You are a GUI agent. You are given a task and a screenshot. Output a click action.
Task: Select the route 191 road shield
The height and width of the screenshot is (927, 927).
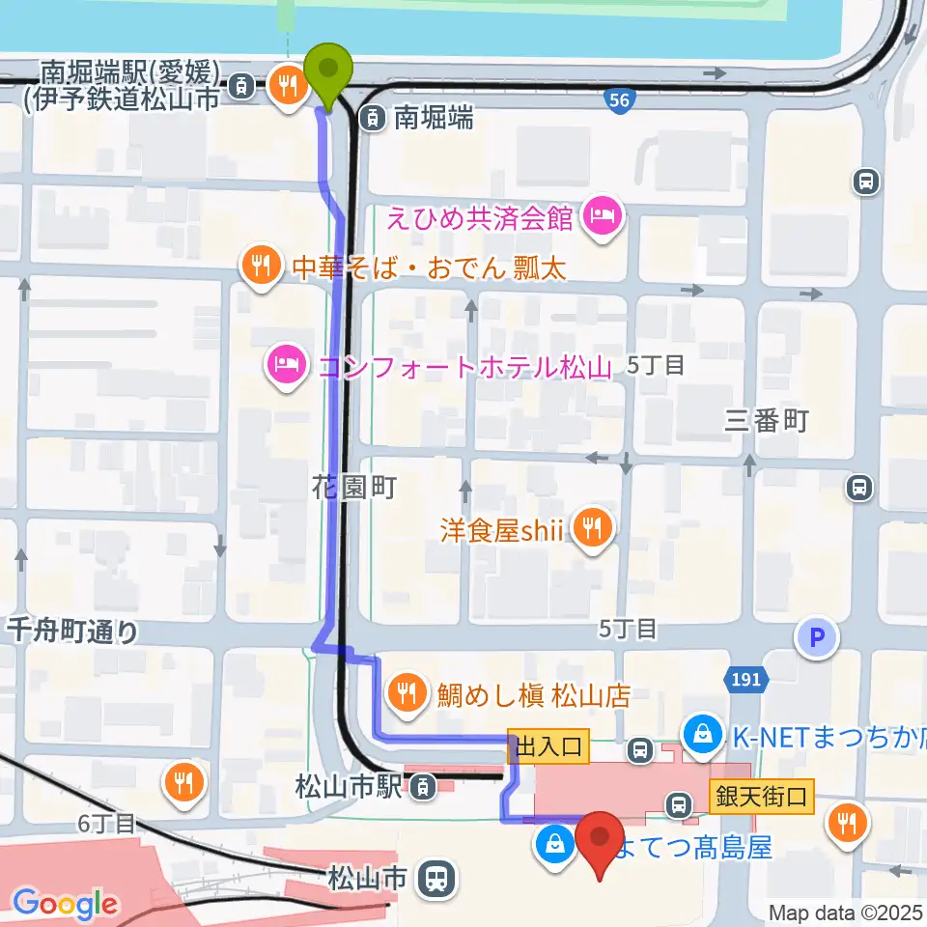tap(745, 680)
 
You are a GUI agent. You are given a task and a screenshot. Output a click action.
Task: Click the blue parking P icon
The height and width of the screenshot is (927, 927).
tap(817, 637)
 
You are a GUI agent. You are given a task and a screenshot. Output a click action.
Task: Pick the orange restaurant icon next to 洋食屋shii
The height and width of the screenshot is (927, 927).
tap(591, 527)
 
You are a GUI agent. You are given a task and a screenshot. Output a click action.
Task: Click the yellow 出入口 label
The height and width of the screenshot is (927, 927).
tap(549, 745)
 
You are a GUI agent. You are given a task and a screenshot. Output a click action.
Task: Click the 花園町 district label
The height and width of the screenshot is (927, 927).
tap(354, 488)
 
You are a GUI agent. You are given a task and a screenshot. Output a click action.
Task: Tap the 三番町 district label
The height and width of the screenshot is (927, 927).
tap(766, 420)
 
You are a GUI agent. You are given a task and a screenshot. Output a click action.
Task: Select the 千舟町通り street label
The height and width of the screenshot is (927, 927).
tap(72, 632)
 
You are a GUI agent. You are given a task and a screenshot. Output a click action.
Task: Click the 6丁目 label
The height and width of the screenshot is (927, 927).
tap(109, 824)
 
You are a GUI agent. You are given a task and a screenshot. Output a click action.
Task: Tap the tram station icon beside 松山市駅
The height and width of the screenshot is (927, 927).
tap(422, 788)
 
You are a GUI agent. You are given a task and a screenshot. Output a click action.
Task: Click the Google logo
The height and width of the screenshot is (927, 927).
tap(65, 904)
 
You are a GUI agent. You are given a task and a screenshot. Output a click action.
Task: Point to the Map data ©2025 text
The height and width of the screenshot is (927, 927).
tap(846, 912)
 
